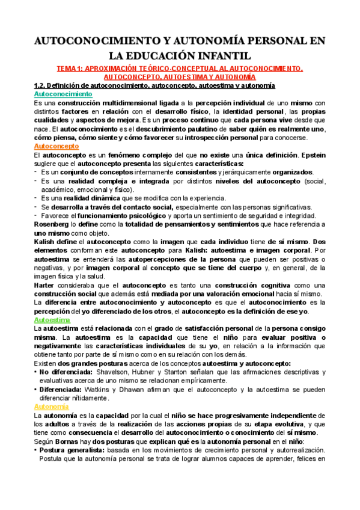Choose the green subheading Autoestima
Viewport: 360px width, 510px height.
point(53,320)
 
